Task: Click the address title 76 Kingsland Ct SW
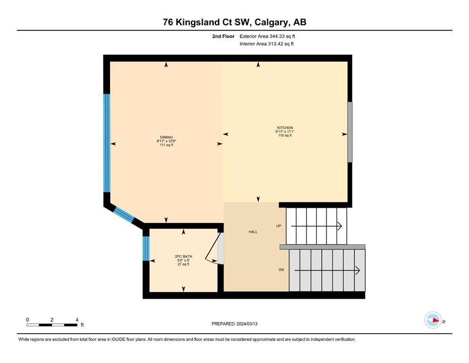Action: click(x=208, y=22)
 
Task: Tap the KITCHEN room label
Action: click(x=285, y=128)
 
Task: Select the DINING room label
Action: click(x=166, y=138)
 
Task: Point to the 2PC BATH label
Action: click(x=183, y=257)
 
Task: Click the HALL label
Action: click(x=253, y=232)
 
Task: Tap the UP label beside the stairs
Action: click(x=279, y=226)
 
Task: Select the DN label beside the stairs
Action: click(x=281, y=270)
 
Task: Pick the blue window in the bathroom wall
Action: click(x=146, y=249)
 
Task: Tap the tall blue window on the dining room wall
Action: click(x=107, y=143)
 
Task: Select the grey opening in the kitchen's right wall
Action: click(x=350, y=132)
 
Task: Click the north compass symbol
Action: click(x=433, y=320)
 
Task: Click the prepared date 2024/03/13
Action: click(x=247, y=324)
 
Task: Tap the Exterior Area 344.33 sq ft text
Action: click(x=267, y=36)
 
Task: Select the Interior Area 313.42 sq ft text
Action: click(x=266, y=43)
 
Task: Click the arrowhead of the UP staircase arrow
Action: click(x=340, y=226)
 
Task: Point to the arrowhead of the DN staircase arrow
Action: click(x=358, y=270)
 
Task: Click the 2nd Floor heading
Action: click(x=223, y=36)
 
